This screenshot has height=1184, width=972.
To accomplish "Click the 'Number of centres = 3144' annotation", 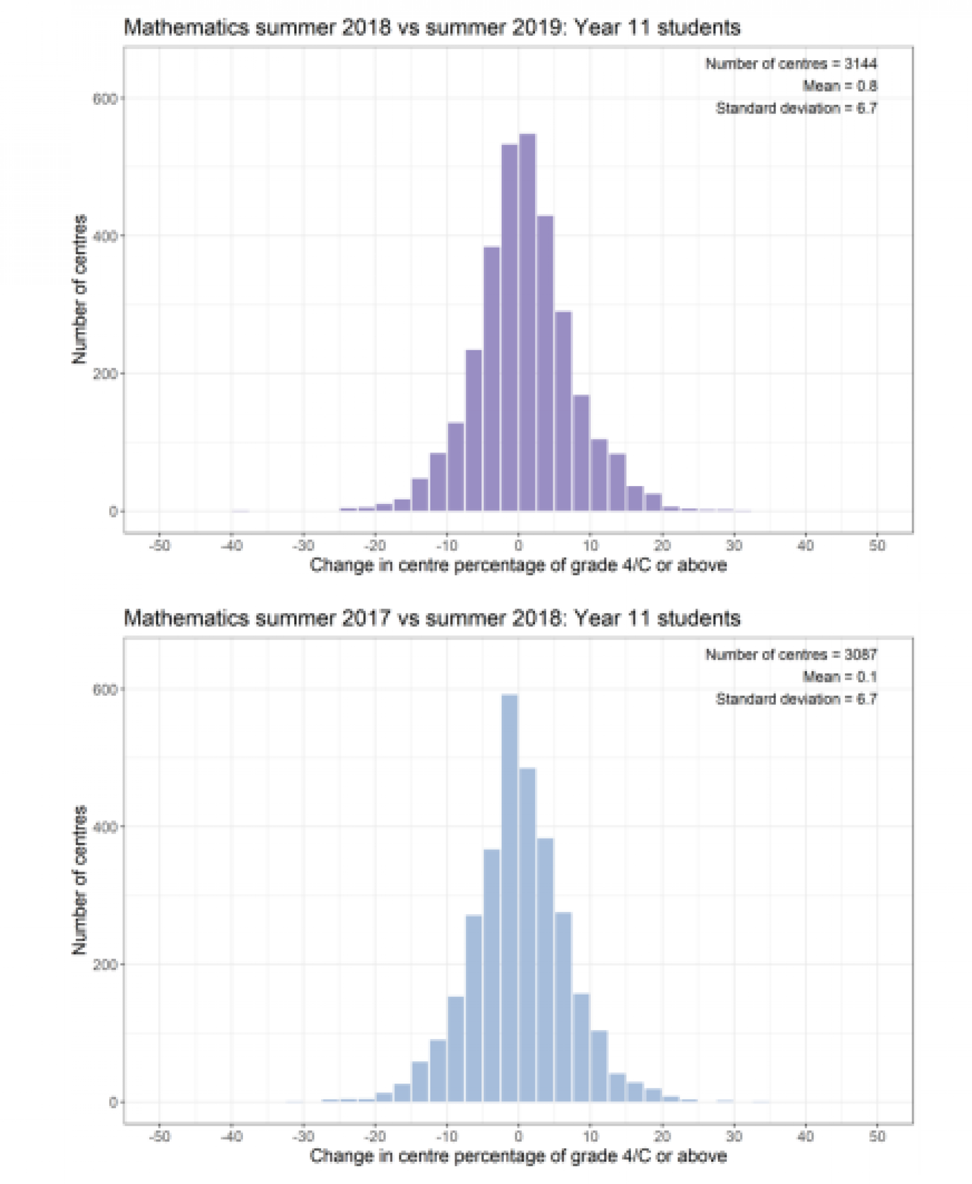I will click(791, 64).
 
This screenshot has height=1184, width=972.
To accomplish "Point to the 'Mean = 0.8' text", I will click(839, 86).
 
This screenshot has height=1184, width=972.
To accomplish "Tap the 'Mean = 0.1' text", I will click(839, 677).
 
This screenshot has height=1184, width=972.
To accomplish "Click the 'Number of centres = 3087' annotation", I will click(791, 654).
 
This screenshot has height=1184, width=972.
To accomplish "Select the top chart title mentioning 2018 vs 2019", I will click(432, 27).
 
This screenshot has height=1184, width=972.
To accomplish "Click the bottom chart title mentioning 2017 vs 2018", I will click(432, 618).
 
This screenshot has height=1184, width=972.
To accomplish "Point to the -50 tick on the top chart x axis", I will click(159, 545).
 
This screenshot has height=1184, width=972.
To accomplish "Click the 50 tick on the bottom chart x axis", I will click(877, 1136).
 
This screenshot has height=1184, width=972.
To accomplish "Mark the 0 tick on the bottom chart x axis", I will click(518, 1136).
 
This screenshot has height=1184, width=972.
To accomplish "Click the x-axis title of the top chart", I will click(518, 565).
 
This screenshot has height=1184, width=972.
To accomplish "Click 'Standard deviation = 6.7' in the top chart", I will click(796, 108).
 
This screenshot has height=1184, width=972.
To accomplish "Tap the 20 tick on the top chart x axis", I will click(662, 545).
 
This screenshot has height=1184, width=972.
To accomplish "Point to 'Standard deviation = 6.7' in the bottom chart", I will click(796, 699).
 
